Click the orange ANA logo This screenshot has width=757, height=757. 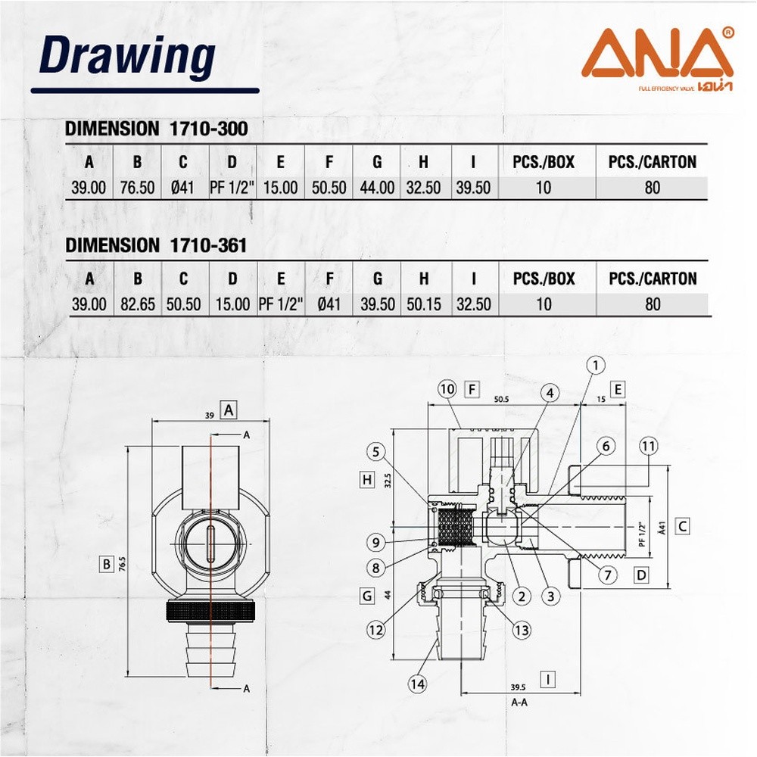coord(658,58)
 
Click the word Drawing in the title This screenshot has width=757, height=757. coord(127,57)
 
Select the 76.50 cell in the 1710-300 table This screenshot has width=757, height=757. coord(138,187)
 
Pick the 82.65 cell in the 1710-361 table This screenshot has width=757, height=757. coord(138,304)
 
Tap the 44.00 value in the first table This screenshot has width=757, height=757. coord(377,187)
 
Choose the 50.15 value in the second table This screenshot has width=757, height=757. coord(424,304)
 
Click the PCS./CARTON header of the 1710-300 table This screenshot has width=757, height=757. coord(653,162)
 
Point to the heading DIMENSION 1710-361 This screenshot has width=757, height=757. coord(156,245)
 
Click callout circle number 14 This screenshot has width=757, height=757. coord(418,684)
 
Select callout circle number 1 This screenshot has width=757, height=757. coord(596,366)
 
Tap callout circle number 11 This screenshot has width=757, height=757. coord(649,446)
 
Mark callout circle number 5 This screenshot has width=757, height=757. coord(376,452)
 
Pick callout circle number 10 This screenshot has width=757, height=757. coord(447,389)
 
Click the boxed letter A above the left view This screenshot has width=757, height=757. coord(229,410)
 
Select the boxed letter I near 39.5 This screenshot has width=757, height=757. coord(548,680)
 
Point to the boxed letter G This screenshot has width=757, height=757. coord(367,596)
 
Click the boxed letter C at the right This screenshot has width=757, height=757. coord(682,526)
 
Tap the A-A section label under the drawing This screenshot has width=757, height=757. coord(519,702)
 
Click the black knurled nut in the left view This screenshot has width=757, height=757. coord(210,611)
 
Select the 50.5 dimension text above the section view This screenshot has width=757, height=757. coord(501,399)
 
